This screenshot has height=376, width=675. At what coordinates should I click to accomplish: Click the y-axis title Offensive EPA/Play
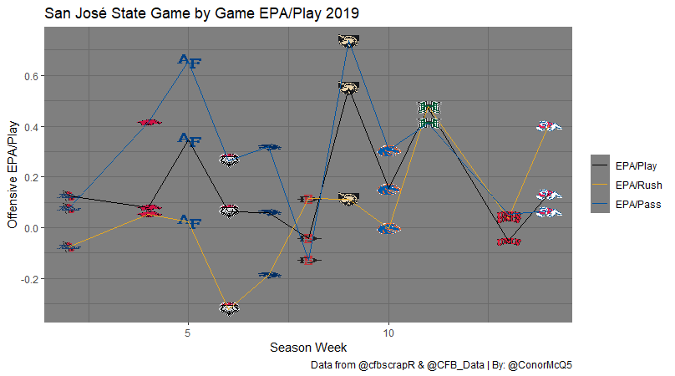tap(13, 173)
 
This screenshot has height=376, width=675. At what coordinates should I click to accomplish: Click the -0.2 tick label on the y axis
tap(26, 278)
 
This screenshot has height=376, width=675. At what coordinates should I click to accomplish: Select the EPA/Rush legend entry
tap(634, 185)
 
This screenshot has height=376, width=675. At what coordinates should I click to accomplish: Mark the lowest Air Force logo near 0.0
tap(190, 221)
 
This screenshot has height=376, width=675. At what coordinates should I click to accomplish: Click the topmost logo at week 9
tap(348, 40)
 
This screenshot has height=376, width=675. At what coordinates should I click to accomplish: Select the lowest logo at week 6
tap(229, 307)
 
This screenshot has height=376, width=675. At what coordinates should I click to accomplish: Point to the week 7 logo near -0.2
tap(269, 274)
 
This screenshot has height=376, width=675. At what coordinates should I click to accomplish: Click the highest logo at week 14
tap(548, 126)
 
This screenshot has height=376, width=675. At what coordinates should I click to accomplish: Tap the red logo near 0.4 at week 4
tap(149, 123)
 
